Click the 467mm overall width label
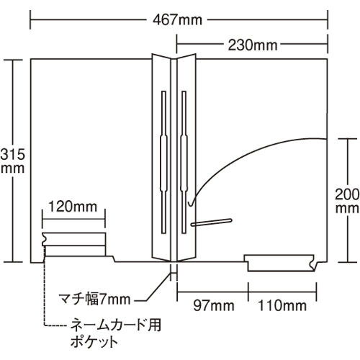[x=177, y=20]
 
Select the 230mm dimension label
[x=253, y=45]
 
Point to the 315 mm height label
[x=12, y=161]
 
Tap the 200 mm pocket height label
[x=347, y=201]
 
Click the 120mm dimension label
[x=73, y=207]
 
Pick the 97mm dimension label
[x=214, y=305]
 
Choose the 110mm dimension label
[x=282, y=305]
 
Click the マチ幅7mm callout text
[x=94, y=300]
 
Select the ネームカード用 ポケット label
[x=115, y=333]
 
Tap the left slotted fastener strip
[x=163, y=162]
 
